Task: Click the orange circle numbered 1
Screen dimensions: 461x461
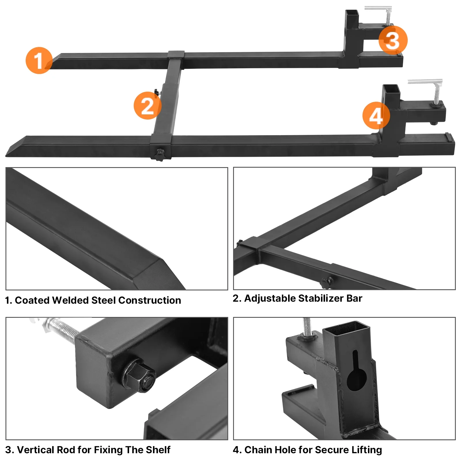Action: pos(39,61)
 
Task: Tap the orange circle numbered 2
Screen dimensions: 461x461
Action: pos(148,105)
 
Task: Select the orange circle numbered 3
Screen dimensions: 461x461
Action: pos(393,40)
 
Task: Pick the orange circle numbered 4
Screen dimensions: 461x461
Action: pos(376,116)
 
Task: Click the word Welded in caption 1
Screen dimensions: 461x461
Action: pos(70,300)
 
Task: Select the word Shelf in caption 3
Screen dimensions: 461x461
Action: pos(158,450)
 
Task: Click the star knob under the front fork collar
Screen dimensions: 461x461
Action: pos(159,155)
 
